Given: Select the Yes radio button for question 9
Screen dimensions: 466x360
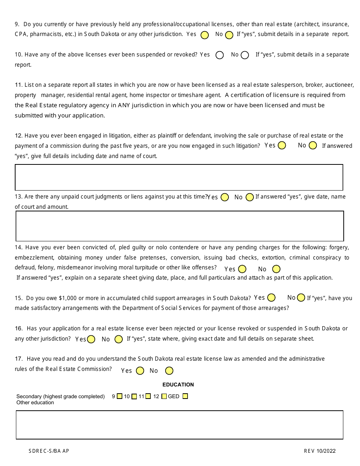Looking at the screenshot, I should point(205,35).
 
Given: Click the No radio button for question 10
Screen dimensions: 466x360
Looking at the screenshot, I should point(245,55).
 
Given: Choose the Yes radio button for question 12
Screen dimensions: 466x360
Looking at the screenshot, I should point(282,145).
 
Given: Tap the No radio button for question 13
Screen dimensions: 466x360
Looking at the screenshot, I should point(249,197).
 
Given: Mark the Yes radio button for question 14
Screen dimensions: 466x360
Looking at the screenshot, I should point(242,269).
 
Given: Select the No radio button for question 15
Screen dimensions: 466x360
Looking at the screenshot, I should point(301,298).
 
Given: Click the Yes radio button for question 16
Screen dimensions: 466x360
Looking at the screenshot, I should point(91,339).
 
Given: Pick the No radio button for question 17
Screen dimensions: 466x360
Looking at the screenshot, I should point(169,371).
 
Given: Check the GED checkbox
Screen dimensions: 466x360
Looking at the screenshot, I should point(185,396).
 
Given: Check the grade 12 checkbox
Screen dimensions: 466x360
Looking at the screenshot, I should point(164,396).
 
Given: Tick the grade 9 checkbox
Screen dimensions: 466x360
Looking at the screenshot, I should point(119,396).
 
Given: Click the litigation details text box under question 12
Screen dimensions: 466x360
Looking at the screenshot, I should point(179,177).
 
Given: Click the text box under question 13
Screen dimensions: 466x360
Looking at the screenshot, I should point(180,226).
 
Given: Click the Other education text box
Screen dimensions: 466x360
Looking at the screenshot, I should point(179,425).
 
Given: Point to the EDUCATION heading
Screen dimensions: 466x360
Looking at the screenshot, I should point(178,385).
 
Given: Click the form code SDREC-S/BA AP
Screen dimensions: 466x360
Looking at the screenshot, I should point(49,451).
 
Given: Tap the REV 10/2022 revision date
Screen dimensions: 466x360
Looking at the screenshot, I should point(319,451).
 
